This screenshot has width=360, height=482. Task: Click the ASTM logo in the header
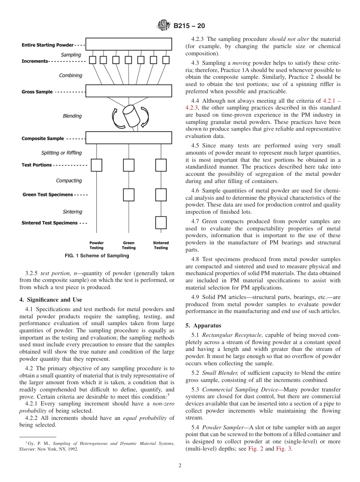point(164,26)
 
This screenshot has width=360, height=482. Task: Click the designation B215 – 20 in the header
point(189,26)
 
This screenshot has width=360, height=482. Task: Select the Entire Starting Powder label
point(47,45)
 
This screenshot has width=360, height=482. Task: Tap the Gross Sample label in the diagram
point(37,92)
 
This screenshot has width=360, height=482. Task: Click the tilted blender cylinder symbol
point(130,116)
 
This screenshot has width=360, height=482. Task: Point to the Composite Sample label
point(42,139)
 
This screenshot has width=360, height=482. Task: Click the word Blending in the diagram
point(72,116)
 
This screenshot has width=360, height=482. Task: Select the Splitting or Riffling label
point(61,153)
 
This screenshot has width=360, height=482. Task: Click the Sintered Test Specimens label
point(49,223)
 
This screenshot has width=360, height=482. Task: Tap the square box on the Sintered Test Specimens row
point(161,222)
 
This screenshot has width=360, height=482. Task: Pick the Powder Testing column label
point(96,245)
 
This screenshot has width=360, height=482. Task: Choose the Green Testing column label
point(128,245)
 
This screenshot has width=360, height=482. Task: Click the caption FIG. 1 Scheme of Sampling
point(97,256)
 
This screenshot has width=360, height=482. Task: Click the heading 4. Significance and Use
point(50,300)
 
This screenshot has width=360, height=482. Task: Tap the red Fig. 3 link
point(283,449)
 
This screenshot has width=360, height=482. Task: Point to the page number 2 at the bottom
point(180,466)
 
